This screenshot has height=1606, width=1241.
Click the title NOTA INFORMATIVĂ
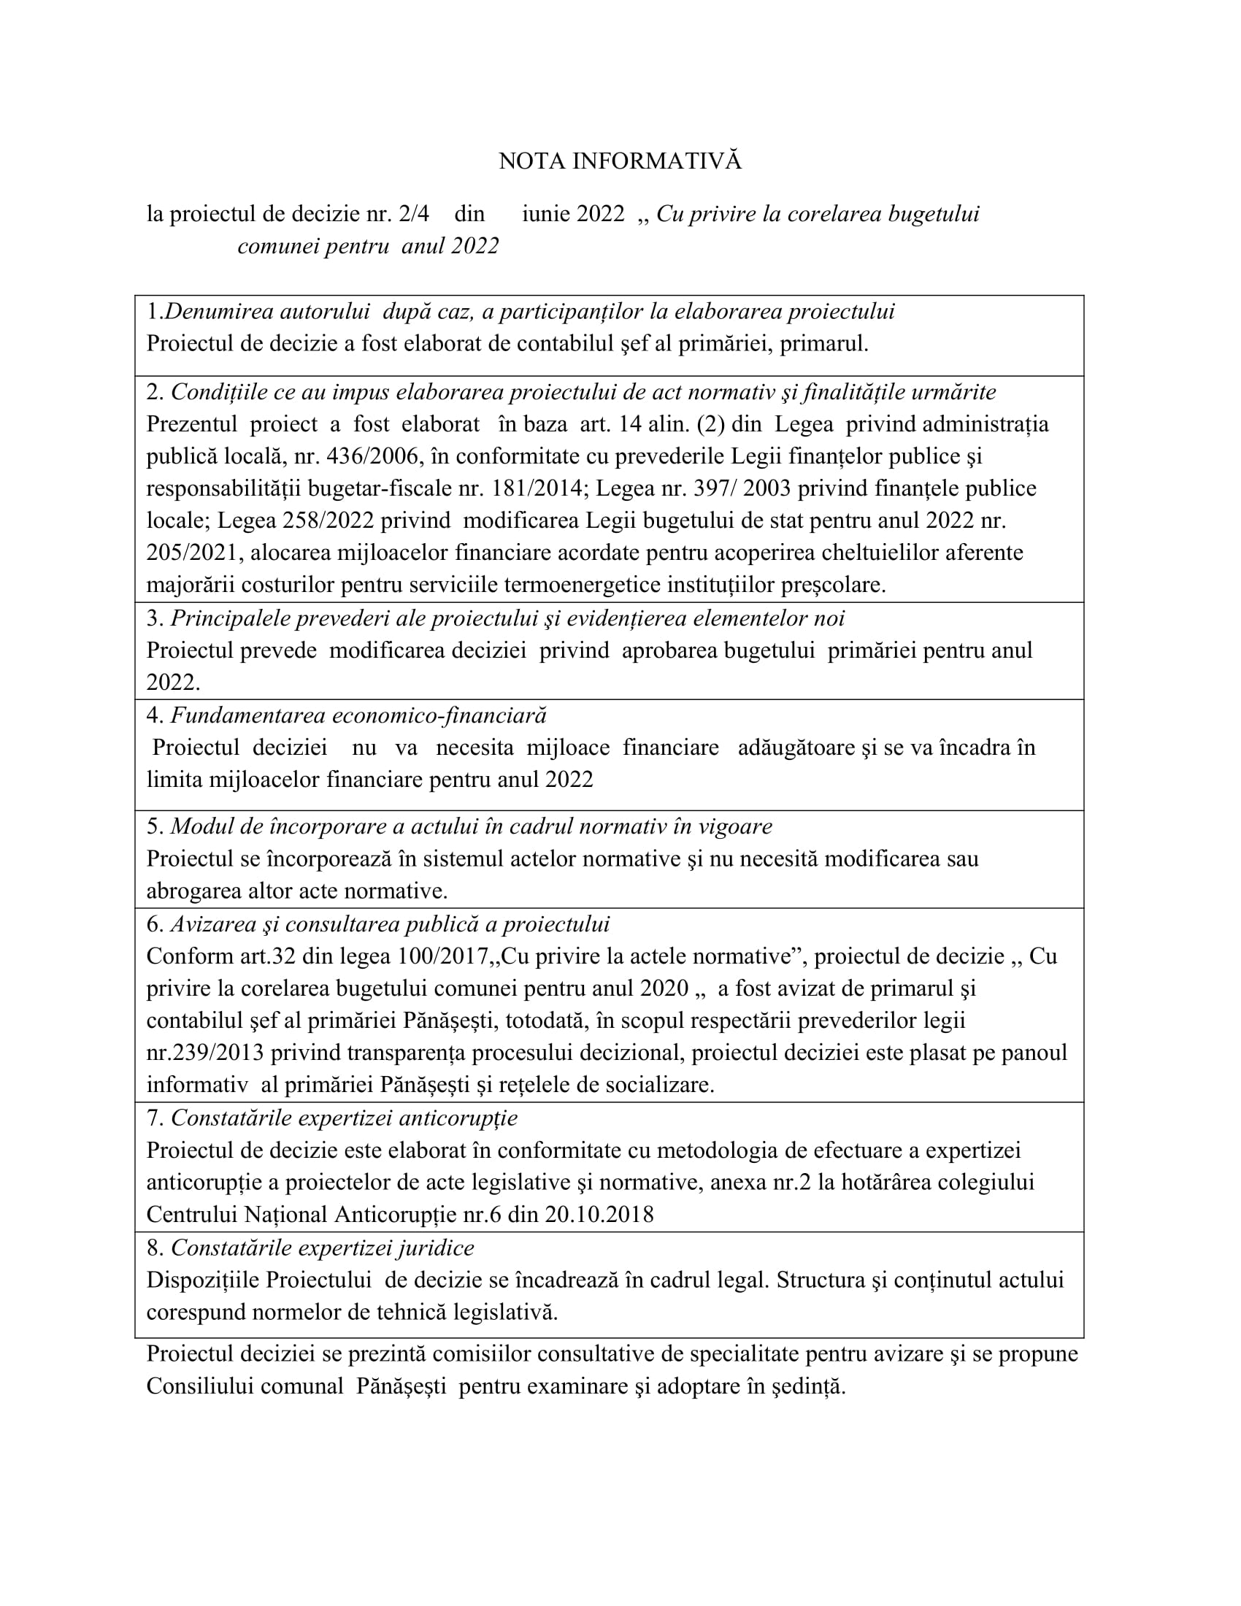620,161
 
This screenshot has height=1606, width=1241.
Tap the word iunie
546,214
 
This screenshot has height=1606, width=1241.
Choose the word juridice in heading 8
437,1248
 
